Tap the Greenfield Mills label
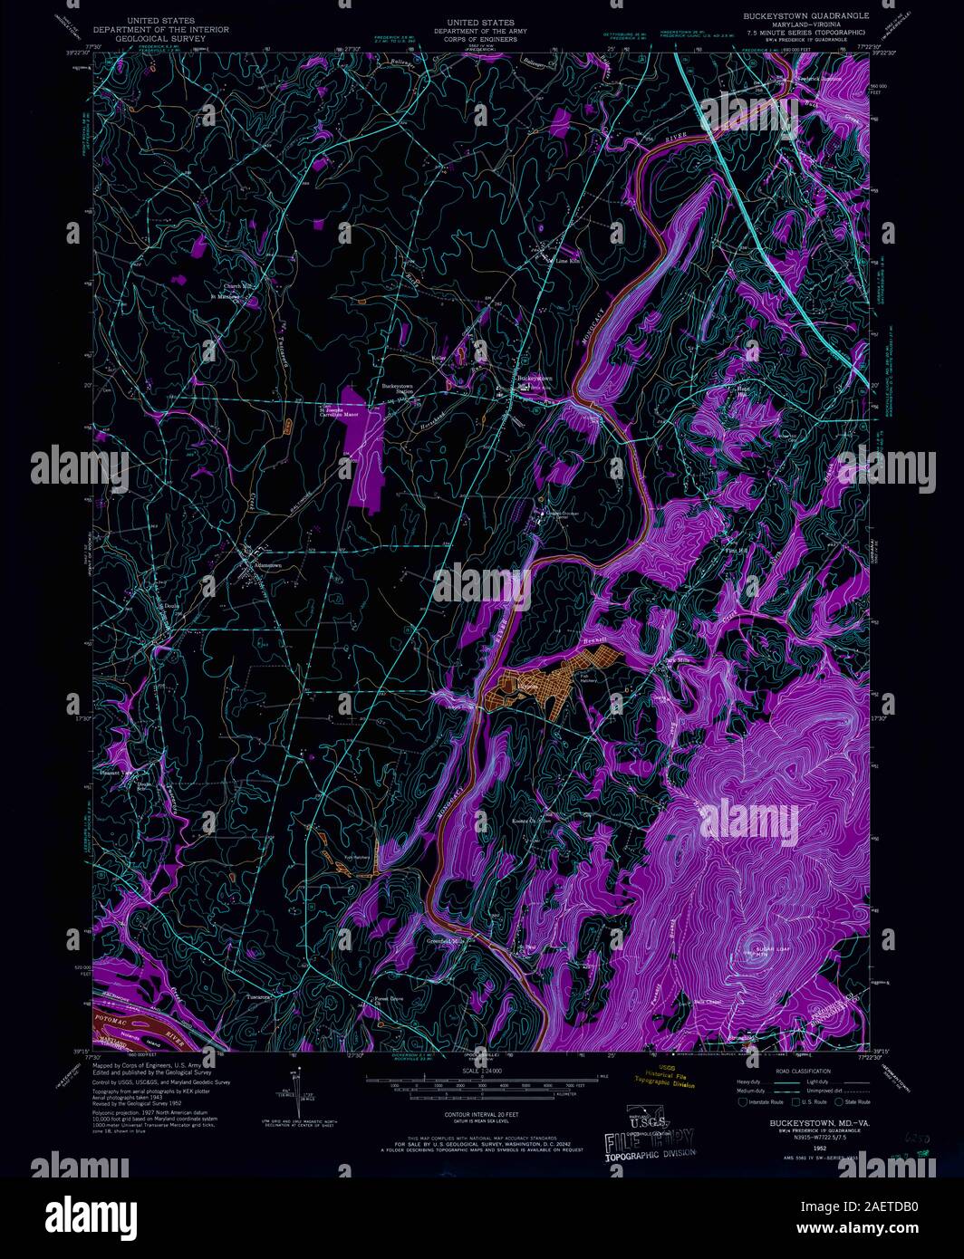(445, 941)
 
